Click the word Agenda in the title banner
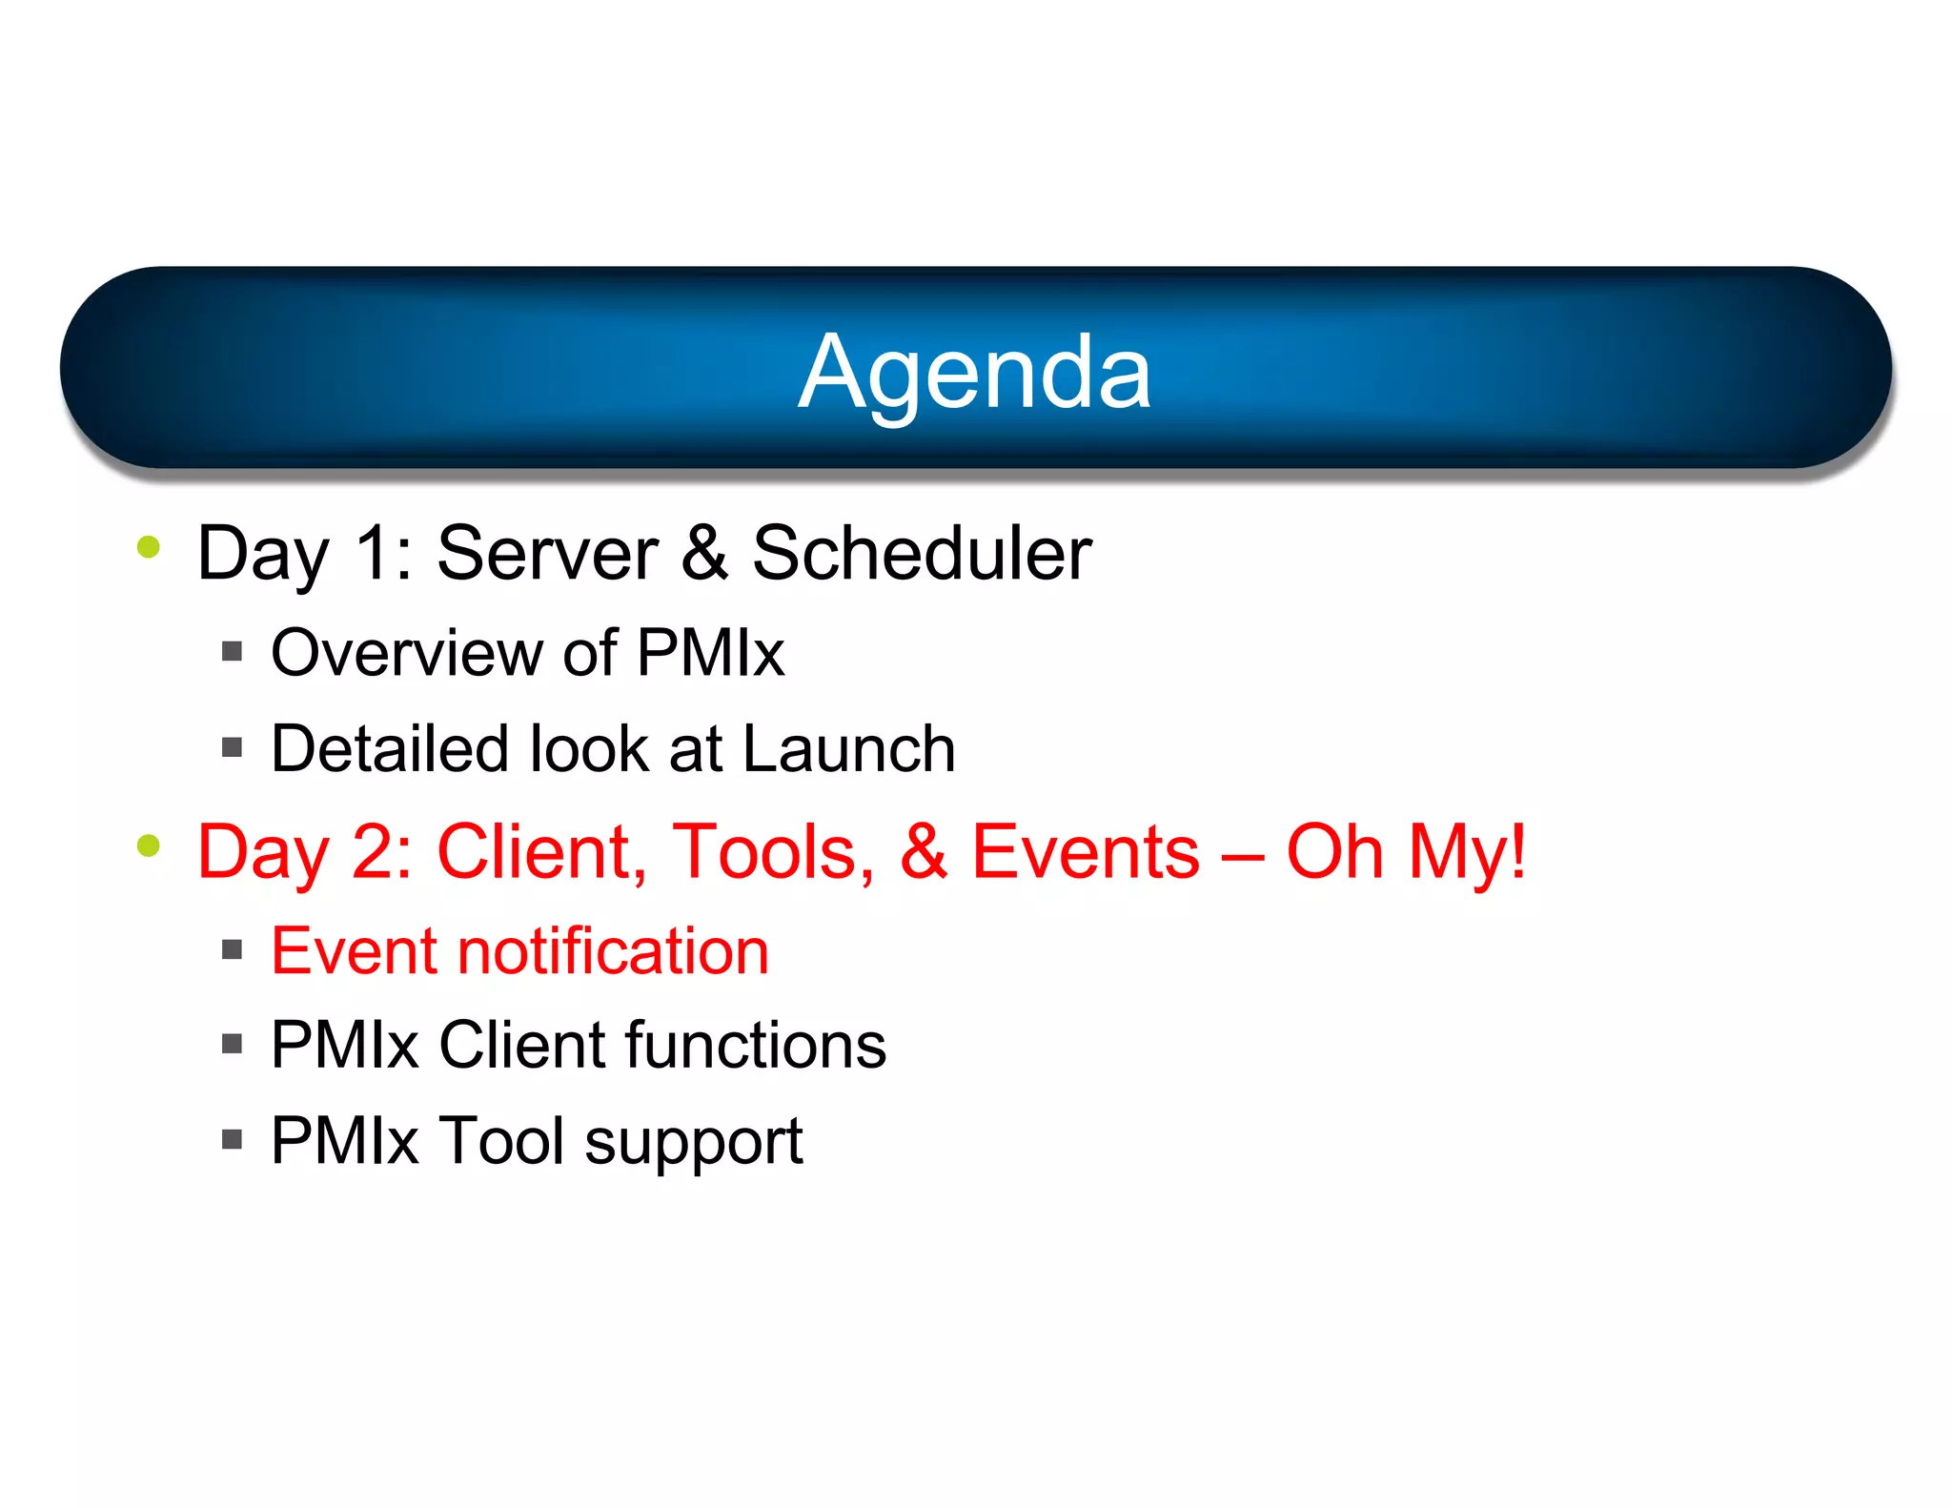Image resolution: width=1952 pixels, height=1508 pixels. click(974, 374)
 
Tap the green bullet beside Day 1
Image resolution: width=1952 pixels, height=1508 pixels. click(149, 547)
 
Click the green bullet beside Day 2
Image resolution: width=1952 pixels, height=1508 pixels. click(149, 846)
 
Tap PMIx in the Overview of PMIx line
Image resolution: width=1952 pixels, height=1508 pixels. click(710, 654)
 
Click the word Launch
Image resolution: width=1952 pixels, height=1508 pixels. click(848, 748)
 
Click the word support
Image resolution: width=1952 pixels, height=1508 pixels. click(693, 1142)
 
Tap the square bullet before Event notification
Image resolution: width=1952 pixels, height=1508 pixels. click(232, 949)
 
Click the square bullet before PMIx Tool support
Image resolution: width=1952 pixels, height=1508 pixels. click(232, 1139)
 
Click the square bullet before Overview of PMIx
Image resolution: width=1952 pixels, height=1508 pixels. click(232, 652)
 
